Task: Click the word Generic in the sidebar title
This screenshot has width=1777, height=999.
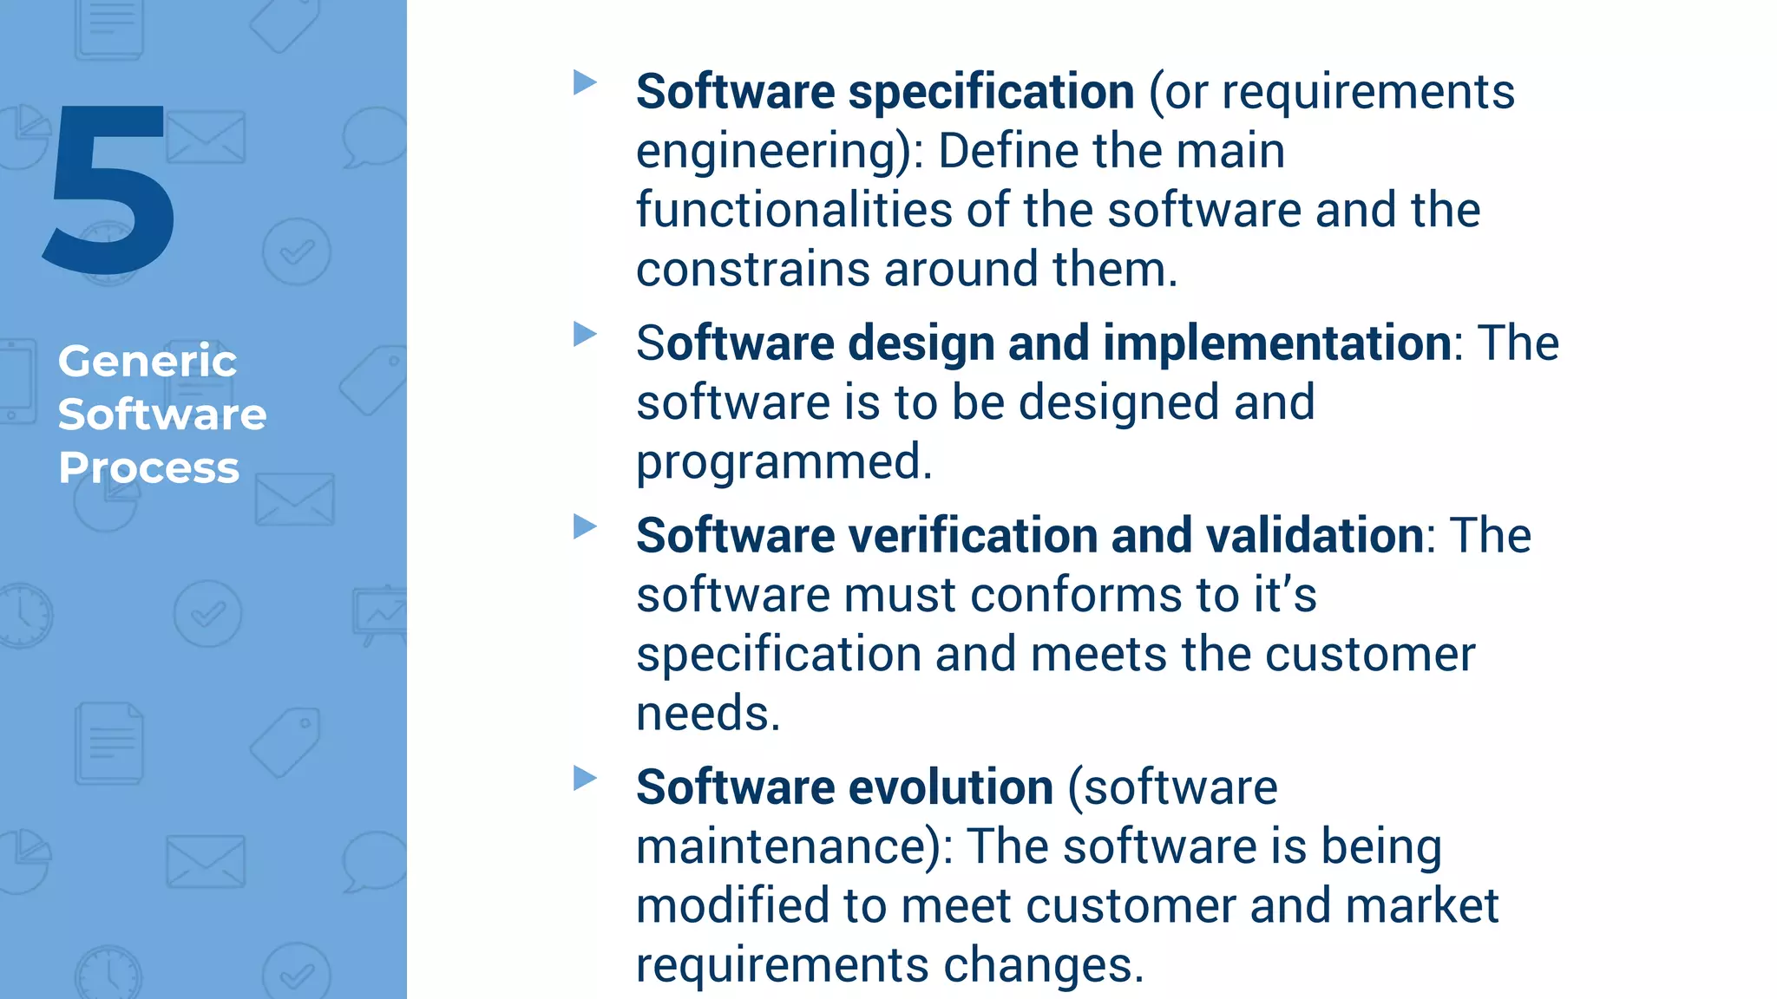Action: [x=147, y=361]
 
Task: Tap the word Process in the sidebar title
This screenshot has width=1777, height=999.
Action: [x=148, y=468]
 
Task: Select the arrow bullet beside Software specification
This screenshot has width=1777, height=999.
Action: [x=586, y=83]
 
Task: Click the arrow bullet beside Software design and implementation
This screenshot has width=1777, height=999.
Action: [x=586, y=334]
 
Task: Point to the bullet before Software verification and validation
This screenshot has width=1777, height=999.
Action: [x=586, y=526]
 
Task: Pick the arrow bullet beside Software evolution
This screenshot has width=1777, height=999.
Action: [x=586, y=778]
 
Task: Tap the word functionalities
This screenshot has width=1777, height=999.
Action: [x=794, y=211]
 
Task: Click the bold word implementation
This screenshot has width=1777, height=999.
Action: [x=1277, y=343]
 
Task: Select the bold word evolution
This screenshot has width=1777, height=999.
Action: [x=951, y=787]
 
